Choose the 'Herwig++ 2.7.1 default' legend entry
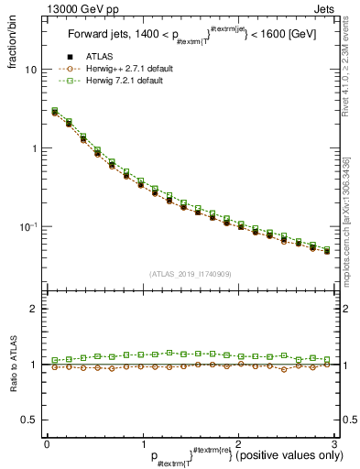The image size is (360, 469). point(129,69)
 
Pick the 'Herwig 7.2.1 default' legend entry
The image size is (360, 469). point(129,81)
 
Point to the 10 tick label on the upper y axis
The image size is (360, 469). point(30,70)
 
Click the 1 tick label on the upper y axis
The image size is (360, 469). point(33,148)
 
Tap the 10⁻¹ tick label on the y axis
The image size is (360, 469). point(27,226)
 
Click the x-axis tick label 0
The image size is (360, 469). point(47,442)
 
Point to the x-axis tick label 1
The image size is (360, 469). point(142,442)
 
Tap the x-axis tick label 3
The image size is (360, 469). point(333,442)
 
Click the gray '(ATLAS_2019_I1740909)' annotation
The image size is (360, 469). point(191,274)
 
